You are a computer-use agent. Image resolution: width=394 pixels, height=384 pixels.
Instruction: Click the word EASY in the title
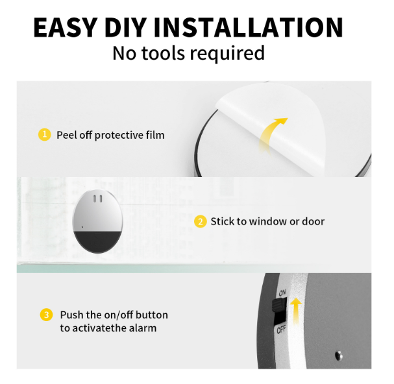pyautogui.click(x=65, y=27)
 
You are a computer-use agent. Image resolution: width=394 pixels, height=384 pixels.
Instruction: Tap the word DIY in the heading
pyautogui.click(x=125, y=27)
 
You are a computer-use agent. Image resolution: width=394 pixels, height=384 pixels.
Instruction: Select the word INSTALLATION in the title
pyautogui.click(x=248, y=27)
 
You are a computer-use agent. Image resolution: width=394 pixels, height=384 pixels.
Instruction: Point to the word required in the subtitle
pyautogui.click(x=227, y=54)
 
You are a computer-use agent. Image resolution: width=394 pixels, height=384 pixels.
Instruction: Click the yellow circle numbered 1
pyautogui.click(x=45, y=134)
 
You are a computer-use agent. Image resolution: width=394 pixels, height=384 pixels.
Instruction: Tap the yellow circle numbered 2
pyautogui.click(x=201, y=221)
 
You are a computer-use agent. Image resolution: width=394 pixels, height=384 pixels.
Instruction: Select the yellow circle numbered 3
pyautogui.click(x=46, y=315)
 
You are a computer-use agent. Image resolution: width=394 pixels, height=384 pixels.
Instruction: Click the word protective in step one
pyautogui.click(x=119, y=136)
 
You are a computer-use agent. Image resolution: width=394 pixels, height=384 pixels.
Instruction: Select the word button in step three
pyautogui.click(x=152, y=315)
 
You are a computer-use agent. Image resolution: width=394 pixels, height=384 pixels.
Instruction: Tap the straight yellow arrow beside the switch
pyautogui.click(x=296, y=311)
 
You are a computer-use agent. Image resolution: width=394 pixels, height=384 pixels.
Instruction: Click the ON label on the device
pyautogui.click(x=282, y=293)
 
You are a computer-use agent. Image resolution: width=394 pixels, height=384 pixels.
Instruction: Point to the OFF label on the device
pyautogui.click(x=282, y=330)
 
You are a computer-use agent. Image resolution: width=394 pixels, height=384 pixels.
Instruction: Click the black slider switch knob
pyautogui.click(x=279, y=304)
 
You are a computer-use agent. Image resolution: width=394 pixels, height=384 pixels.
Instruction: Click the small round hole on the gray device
pyautogui.click(x=338, y=355)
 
